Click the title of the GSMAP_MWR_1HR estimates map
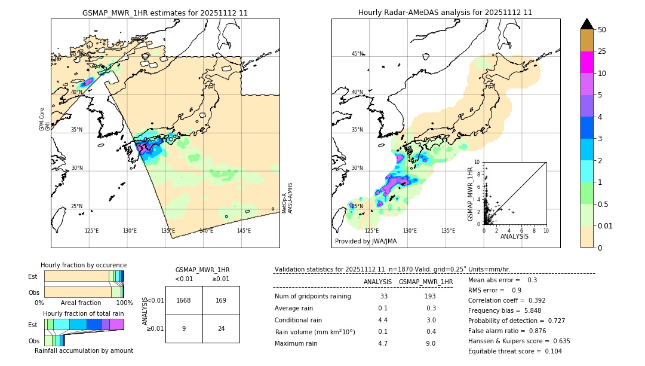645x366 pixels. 165,13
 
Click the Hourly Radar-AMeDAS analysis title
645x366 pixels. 445,13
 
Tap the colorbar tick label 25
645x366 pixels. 602,51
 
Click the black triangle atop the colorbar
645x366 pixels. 587,24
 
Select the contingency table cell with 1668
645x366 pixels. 184,300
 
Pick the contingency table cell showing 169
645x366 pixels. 221,300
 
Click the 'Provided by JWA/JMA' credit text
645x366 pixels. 365,241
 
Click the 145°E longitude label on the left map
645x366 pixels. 244,231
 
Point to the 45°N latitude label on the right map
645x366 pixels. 357,54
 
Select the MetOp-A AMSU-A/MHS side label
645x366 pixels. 287,198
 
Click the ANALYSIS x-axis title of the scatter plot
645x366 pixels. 514,236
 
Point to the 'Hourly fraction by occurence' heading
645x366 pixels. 84,265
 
